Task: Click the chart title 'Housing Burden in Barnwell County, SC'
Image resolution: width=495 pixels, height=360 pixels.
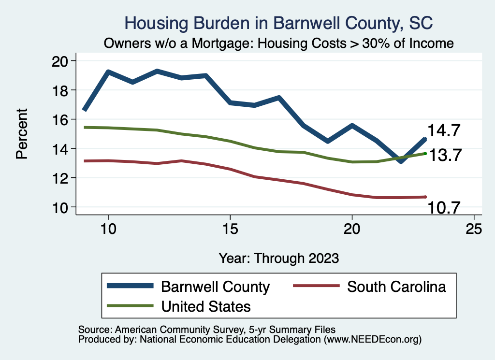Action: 278,23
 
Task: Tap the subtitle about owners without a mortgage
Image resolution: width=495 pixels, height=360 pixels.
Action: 278,43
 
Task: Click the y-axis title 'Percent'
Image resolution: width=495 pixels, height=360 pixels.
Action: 21,134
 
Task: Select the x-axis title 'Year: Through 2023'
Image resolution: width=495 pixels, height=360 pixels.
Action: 278,258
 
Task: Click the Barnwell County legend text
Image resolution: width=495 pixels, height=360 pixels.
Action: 215,287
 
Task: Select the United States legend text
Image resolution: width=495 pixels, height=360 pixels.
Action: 206,306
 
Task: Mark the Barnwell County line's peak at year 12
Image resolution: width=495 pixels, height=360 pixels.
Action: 157,71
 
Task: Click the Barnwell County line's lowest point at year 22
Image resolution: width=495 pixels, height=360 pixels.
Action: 401,161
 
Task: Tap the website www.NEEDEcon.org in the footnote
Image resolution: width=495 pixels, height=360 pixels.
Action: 371,340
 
